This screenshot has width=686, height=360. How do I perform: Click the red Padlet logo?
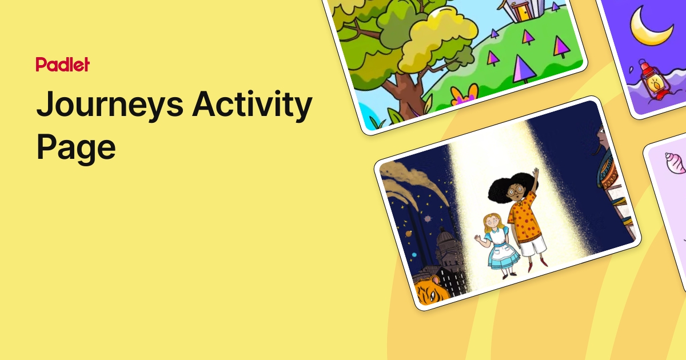62,65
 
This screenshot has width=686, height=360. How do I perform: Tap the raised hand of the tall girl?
536,173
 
